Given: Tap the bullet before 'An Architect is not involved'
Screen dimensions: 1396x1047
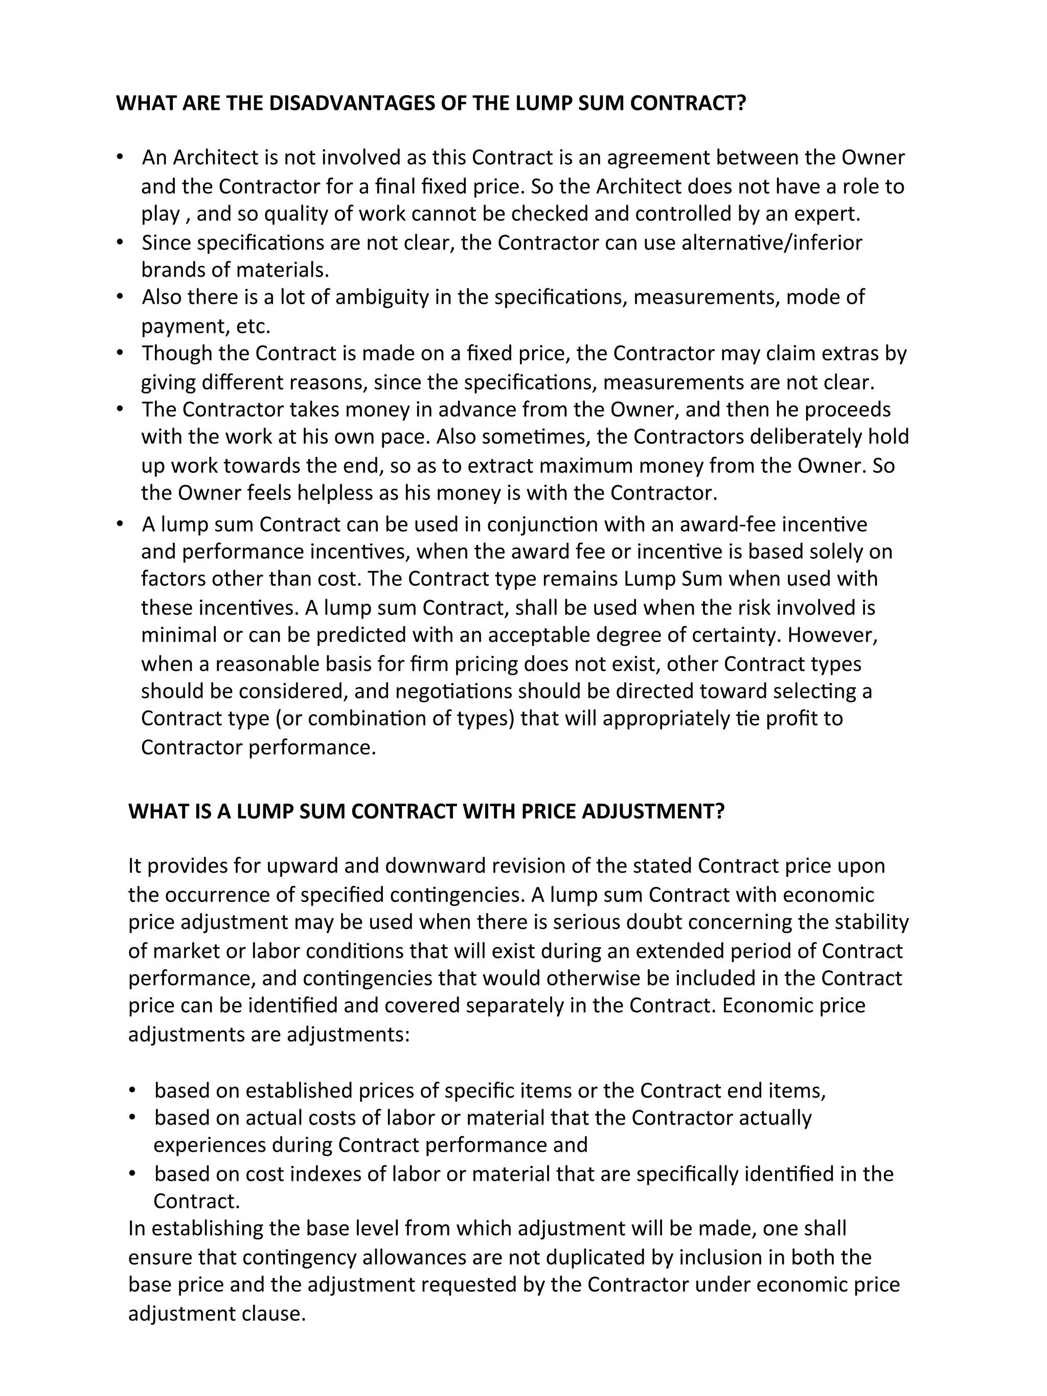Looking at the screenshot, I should point(120,156).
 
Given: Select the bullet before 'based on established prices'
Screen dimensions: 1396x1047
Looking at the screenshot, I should point(132,1090).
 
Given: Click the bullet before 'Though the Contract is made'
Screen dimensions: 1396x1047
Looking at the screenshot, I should point(120,353).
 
